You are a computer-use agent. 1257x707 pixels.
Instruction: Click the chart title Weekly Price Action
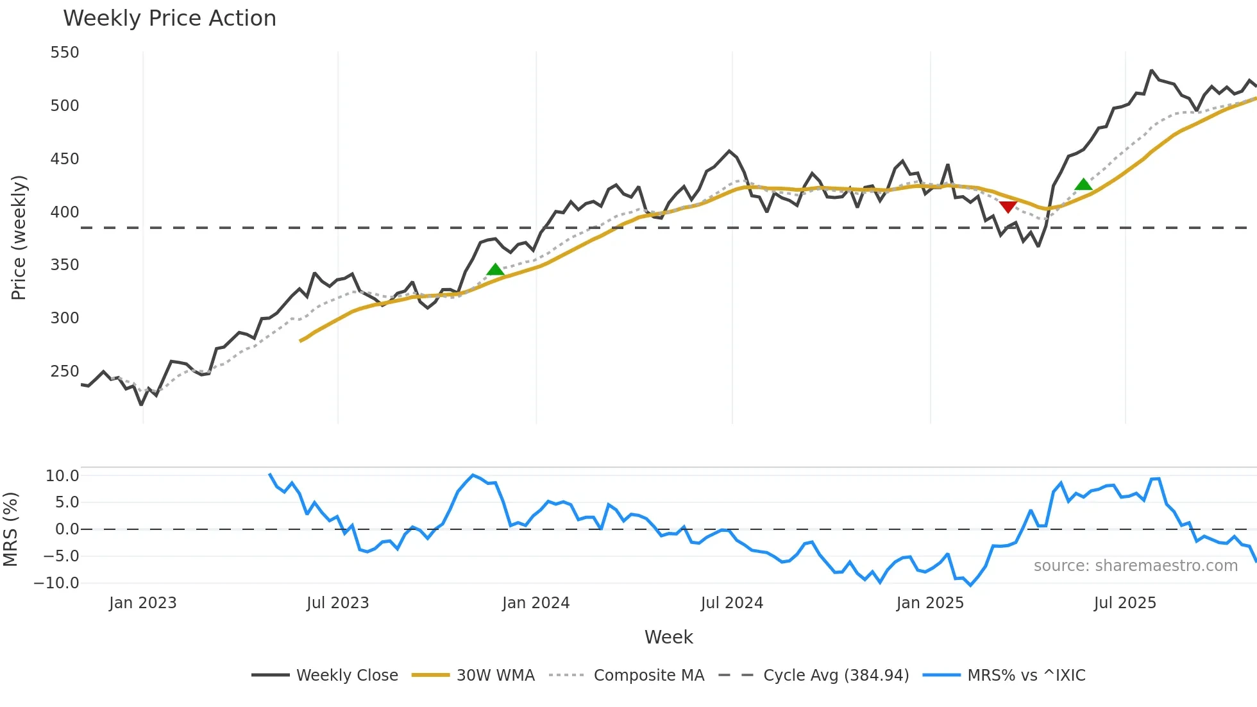[x=169, y=19]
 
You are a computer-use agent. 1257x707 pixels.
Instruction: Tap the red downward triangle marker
[x=1008, y=207]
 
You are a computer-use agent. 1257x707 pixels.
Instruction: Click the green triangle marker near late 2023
[x=495, y=269]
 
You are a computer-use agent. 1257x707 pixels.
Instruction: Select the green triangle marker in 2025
[x=1083, y=185]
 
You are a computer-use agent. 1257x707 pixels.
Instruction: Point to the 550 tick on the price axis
[x=65, y=53]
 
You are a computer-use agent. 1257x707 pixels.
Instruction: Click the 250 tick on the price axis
[x=65, y=371]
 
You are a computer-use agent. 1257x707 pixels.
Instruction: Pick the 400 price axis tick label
[x=65, y=212]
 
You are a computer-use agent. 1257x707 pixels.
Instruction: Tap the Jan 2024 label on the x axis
[x=536, y=603]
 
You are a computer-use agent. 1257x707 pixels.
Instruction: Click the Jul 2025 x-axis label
[x=1125, y=603]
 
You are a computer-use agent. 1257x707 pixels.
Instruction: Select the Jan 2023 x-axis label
[x=142, y=603]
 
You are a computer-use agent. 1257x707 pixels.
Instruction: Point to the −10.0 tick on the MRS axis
[x=56, y=583]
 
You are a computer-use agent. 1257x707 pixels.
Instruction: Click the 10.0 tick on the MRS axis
[x=62, y=476]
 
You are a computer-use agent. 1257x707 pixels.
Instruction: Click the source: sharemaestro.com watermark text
[x=1135, y=566]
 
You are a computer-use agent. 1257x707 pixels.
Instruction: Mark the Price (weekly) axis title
[x=19, y=237]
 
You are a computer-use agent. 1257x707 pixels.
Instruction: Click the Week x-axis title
[x=668, y=637]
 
